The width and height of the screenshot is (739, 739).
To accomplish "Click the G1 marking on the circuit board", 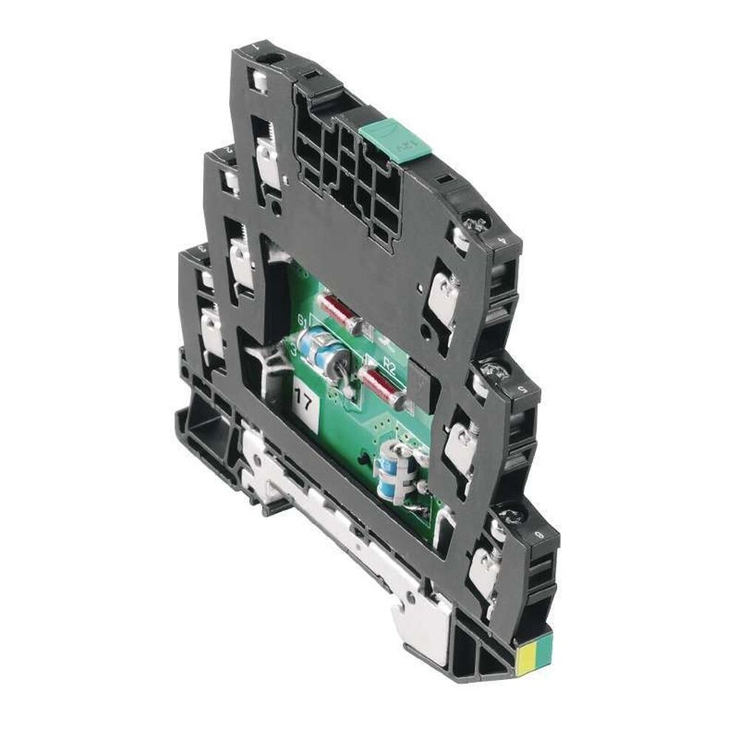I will click(x=303, y=320).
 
